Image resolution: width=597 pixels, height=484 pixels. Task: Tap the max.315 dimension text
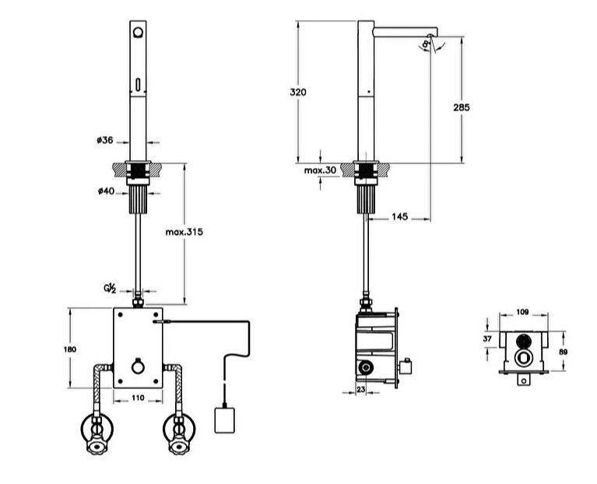tap(184, 232)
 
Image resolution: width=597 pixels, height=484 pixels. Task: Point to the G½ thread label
tap(111, 289)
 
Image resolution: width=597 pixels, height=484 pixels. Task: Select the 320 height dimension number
tap(298, 92)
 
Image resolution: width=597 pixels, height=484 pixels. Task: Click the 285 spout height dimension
tap(462, 107)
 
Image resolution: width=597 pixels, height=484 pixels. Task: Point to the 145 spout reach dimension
tap(400, 218)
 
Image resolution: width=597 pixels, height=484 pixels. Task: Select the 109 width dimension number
tap(522, 312)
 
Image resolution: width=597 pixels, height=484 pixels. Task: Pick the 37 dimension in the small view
tap(488, 339)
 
